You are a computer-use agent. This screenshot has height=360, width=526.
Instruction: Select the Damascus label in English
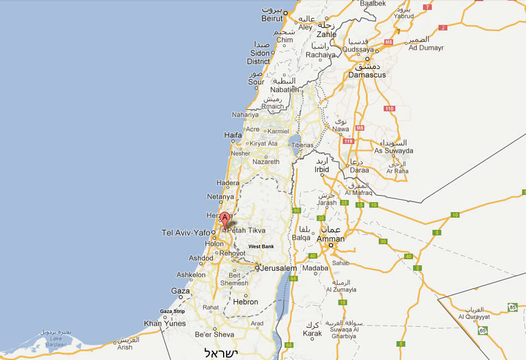tap(367, 75)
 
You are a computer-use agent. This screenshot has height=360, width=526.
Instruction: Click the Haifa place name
tap(233, 135)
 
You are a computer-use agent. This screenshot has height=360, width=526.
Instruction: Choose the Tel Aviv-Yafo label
tap(185, 233)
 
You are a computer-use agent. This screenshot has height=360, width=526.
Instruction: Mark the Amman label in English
tap(331, 239)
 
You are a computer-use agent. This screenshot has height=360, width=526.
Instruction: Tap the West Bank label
tap(261, 246)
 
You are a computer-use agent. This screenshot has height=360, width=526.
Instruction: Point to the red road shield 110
tap(389, 109)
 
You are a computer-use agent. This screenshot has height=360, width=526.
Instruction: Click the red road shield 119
tap(348, 141)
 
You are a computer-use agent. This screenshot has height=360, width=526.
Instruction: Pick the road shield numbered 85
tap(513, 307)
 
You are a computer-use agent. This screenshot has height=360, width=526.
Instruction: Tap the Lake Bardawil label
tap(54, 341)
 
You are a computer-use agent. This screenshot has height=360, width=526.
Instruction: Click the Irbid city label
tap(322, 169)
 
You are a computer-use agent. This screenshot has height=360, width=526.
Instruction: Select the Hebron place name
tap(245, 302)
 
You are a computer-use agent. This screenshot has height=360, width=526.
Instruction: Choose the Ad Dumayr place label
tap(426, 48)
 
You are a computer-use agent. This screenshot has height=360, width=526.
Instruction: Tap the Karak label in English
tap(312, 333)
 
